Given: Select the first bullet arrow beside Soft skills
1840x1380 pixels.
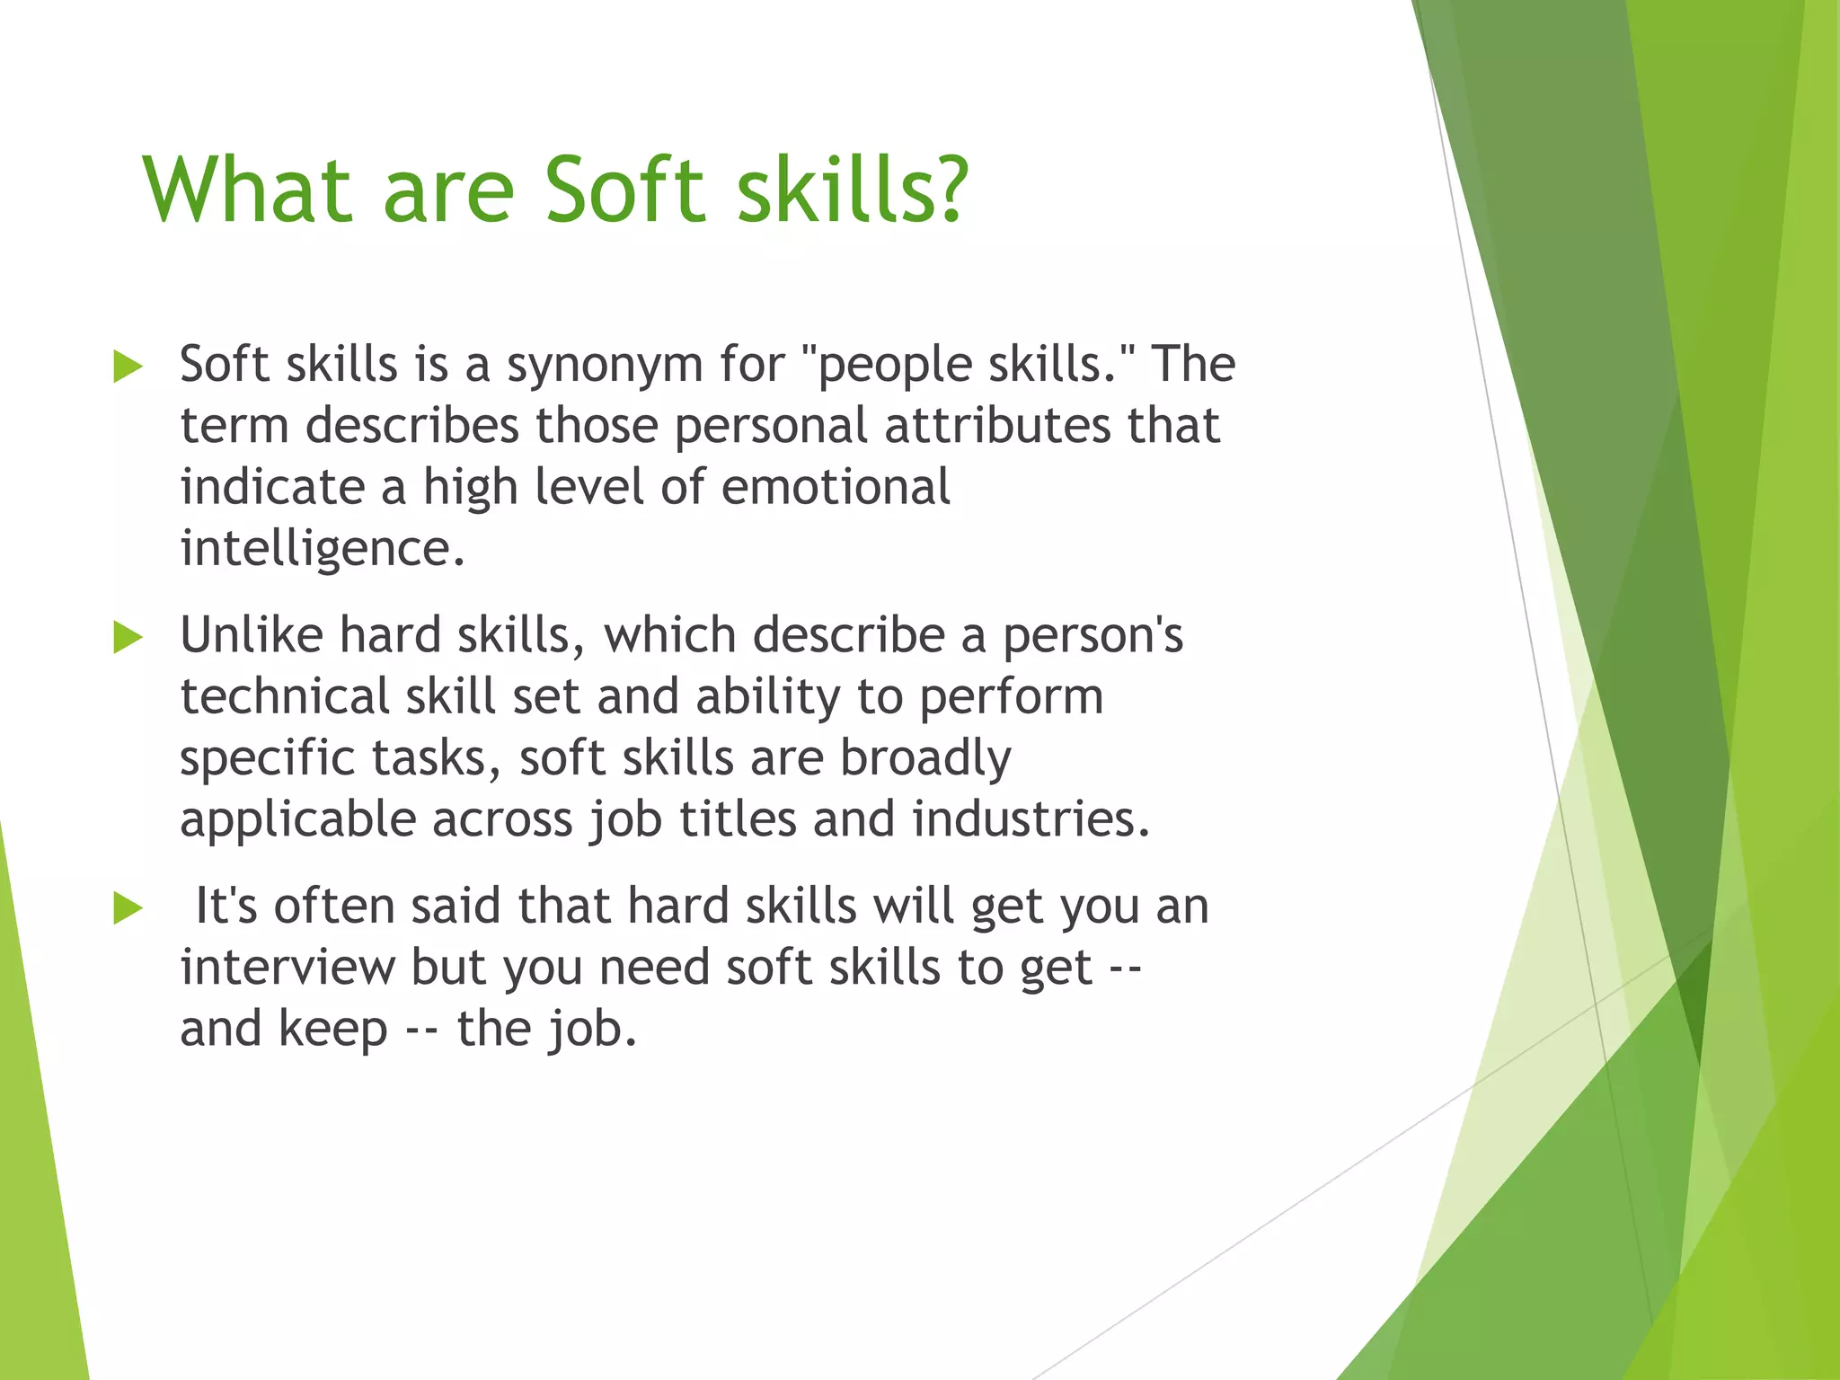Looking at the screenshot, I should click(x=128, y=367).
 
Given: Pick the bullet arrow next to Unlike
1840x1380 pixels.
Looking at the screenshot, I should click(x=128, y=639).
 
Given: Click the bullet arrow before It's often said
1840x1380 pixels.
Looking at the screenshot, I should click(x=128, y=909).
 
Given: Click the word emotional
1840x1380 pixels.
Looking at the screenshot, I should click(x=836, y=487).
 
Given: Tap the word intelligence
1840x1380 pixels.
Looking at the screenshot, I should click(x=323, y=549).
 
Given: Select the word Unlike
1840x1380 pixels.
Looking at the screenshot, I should click(x=251, y=635).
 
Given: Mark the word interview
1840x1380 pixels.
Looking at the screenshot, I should click(x=287, y=968).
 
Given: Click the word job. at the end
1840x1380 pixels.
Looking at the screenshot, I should click(x=591, y=1030).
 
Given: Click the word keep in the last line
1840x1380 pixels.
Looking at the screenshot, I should click(x=332, y=1030).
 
